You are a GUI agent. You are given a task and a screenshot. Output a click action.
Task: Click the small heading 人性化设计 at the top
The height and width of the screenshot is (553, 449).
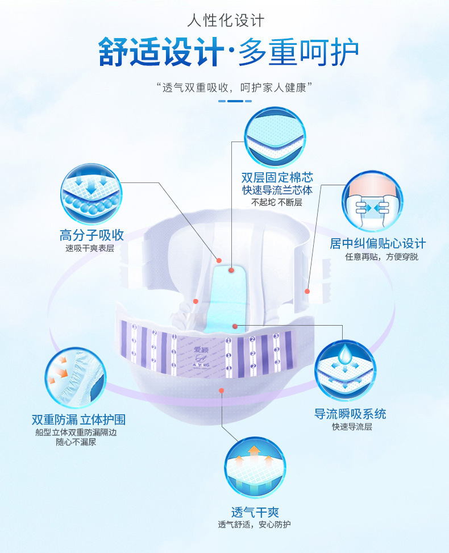(226, 22)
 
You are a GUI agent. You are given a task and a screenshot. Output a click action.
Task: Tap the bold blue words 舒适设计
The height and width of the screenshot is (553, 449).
(161, 52)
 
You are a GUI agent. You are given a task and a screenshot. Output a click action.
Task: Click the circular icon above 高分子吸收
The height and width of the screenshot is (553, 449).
(90, 194)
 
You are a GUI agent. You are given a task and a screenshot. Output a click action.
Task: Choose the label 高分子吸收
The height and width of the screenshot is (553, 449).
(92, 235)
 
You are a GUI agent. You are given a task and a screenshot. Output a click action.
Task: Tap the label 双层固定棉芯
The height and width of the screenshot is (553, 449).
(277, 177)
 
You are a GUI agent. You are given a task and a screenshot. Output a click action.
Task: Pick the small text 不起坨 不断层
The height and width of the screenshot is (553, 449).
(277, 202)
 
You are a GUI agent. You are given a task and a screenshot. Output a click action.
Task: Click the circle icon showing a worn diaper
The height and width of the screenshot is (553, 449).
(372, 202)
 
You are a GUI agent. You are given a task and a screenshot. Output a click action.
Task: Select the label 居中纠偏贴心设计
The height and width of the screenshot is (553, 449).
(377, 244)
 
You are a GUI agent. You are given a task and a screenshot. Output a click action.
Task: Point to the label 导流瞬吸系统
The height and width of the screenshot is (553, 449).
(350, 414)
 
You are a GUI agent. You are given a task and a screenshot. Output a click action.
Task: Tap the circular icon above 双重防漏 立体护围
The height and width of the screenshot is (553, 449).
(76, 377)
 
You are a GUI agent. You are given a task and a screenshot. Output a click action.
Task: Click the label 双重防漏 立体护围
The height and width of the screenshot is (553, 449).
(78, 420)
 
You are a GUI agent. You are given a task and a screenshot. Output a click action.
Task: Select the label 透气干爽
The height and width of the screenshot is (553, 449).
(255, 512)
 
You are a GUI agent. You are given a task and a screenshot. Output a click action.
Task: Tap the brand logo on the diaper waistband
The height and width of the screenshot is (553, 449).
(201, 355)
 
